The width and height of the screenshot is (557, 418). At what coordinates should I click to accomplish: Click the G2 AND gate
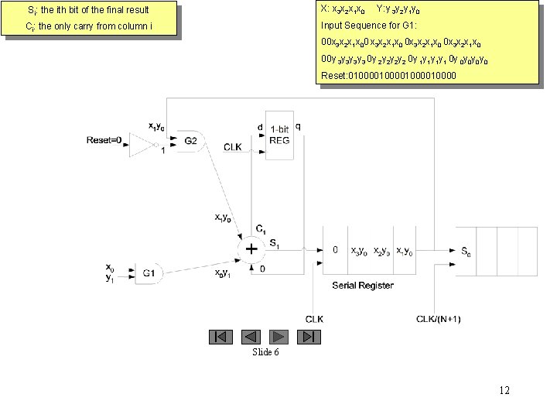tap(190, 141)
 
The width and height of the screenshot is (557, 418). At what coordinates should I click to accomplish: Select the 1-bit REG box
tap(278, 135)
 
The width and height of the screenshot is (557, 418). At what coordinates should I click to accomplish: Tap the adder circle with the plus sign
tap(251, 249)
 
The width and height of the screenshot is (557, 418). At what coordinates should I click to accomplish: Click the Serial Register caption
tap(362, 286)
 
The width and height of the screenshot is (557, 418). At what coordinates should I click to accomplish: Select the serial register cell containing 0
tap(335, 250)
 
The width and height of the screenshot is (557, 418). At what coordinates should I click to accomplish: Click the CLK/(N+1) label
tap(439, 320)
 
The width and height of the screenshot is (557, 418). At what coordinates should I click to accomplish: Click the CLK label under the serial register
tap(315, 320)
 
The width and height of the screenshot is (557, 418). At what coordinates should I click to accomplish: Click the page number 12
tap(504, 391)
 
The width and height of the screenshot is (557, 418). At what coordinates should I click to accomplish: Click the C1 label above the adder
tap(261, 229)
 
